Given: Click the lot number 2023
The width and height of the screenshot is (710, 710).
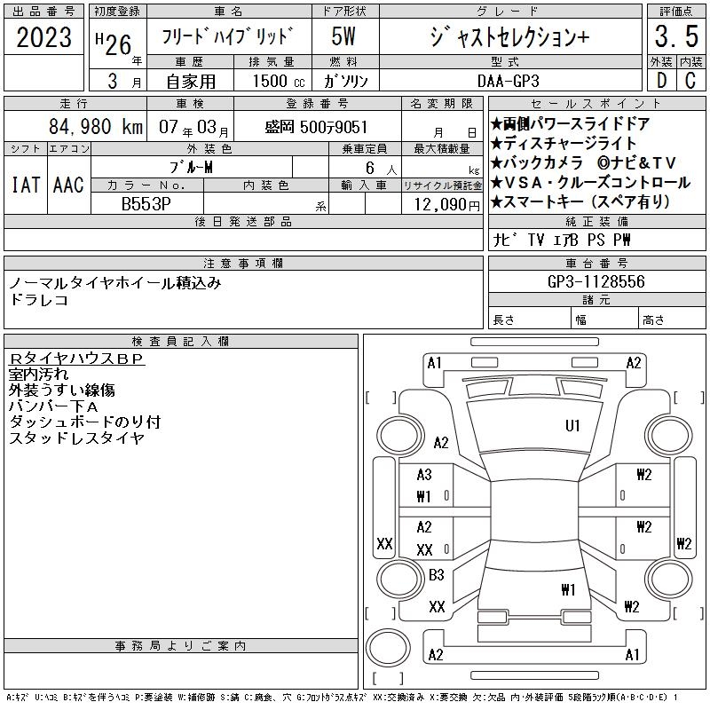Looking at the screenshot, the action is pyautogui.click(x=43, y=37).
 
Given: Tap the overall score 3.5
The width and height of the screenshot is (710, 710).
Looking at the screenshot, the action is pyautogui.click(x=676, y=36).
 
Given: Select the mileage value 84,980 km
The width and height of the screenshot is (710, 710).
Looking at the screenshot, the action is pyautogui.click(x=96, y=126).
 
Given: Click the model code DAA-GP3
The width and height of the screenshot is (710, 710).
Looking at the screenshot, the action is pyautogui.click(x=508, y=81).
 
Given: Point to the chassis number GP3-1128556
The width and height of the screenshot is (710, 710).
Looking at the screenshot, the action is pyautogui.click(x=596, y=281).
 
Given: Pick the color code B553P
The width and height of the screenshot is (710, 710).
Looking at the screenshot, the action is pyautogui.click(x=146, y=204).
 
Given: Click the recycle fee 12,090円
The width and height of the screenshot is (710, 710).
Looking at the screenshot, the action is pyautogui.click(x=447, y=205).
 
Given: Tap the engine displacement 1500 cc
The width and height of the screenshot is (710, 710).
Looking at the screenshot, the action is pyautogui.click(x=279, y=81).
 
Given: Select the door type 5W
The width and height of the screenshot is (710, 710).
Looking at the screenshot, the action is pyautogui.click(x=343, y=36).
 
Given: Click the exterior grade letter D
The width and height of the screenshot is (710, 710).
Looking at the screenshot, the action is pyautogui.click(x=661, y=81).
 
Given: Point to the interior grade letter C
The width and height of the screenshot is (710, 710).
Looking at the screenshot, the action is pyautogui.click(x=690, y=81).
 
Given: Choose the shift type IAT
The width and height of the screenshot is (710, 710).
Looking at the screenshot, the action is pyautogui.click(x=26, y=185).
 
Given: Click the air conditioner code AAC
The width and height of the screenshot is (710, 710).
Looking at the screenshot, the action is pyautogui.click(x=68, y=185).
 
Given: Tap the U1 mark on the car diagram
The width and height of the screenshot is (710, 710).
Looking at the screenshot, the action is pyautogui.click(x=572, y=426).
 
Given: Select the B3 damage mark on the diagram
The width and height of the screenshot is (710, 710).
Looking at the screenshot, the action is pyautogui.click(x=436, y=575).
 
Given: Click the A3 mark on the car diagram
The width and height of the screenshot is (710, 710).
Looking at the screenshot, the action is pyautogui.click(x=424, y=475).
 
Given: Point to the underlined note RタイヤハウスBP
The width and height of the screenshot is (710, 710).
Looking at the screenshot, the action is pyautogui.click(x=76, y=359).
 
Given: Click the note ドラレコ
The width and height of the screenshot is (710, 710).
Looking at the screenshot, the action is pyautogui.click(x=39, y=300).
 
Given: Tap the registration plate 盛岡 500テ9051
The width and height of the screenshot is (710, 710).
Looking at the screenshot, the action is pyautogui.click(x=316, y=127).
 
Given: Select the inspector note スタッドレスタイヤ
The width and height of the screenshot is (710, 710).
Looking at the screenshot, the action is pyautogui.click(x=77, y=438).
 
